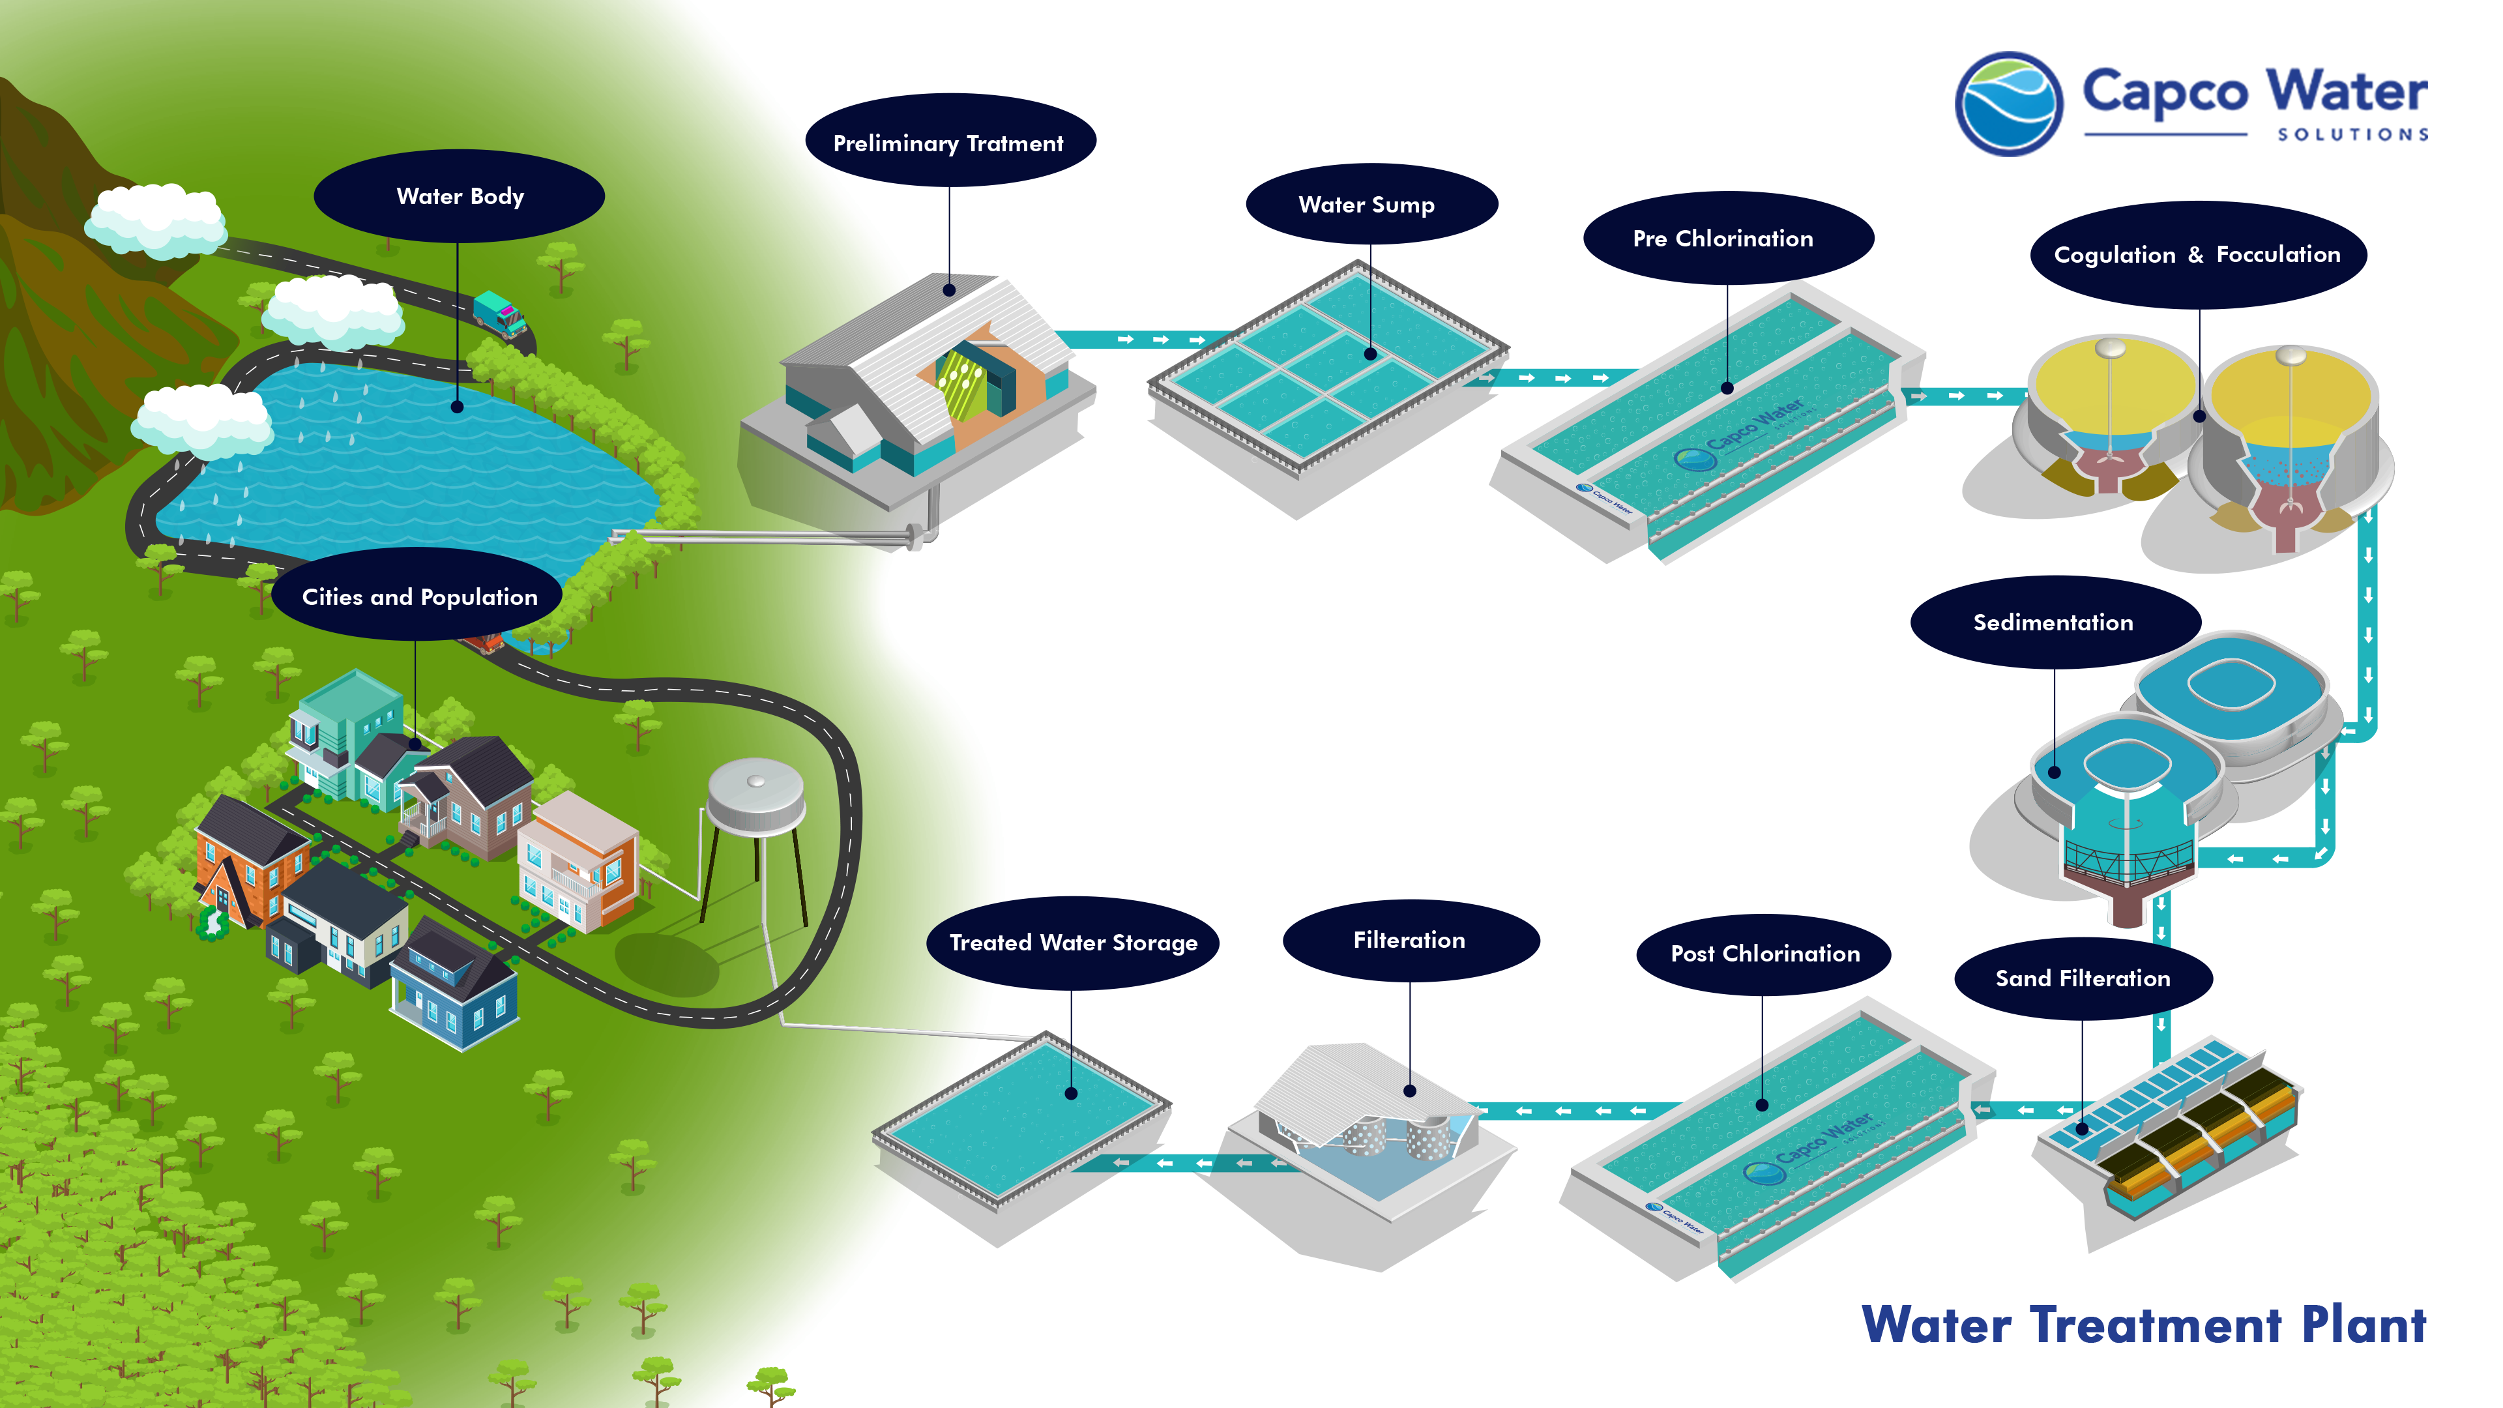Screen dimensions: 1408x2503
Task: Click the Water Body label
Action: (460, 196)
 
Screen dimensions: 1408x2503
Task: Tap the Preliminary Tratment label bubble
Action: (948, 143)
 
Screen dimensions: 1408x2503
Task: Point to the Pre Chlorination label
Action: (1723, 238)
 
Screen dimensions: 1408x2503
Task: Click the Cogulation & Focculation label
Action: (2197, 255)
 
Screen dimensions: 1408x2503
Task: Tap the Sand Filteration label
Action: (2083, 978)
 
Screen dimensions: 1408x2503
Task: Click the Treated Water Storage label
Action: (1073, 943)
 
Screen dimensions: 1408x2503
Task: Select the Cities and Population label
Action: (418, 596)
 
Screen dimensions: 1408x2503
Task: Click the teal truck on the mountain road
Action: (499, 314)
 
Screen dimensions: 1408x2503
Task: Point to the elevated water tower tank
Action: (756, 795)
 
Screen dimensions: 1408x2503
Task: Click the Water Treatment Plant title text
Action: (2143, 1325)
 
